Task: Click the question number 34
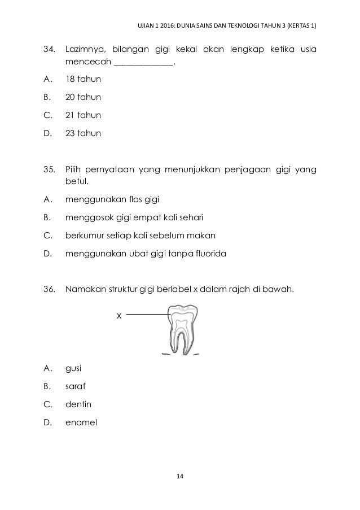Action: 50,50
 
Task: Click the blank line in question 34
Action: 143,64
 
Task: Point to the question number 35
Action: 50,169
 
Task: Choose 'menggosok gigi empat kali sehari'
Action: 134,217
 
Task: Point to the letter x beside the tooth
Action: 118,316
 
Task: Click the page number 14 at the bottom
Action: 180,478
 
